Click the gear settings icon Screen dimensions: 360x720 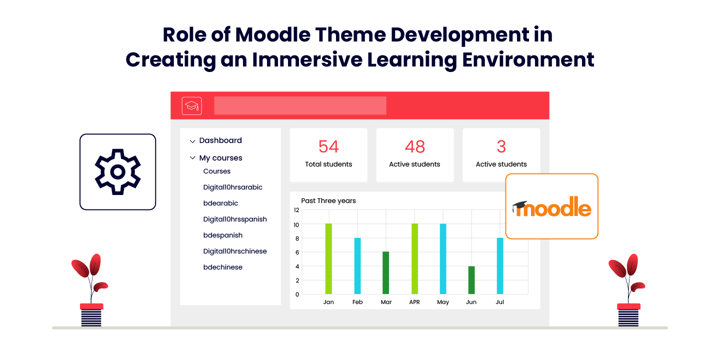tap(118, 171)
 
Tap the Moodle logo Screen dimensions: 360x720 tap(552, 207)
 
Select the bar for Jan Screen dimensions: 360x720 tap(328, 259)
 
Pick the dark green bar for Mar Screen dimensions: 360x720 tap(385, 272)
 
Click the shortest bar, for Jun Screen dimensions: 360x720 tap(471, 280)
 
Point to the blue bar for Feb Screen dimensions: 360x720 tap(357, 266)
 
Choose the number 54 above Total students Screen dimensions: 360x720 tap(328, 146)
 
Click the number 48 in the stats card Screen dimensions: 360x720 tap(415, 146)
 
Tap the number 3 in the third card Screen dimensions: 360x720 tap(501, 146)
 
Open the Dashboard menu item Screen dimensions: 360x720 tap(220, 140)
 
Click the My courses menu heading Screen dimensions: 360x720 tap(220, 158)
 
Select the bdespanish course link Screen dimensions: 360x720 tap(223, 235)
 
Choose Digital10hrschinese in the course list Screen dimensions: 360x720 tap(235, 251)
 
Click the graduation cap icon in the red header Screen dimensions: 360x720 tap(191, 106)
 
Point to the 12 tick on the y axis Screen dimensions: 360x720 tap(296, 210)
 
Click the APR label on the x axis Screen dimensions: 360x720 tap(414, 302)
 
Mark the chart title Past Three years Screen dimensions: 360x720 tap(328, 200)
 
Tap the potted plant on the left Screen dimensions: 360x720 tap(91, 290)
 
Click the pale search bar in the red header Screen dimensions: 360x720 tap(300, 105)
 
